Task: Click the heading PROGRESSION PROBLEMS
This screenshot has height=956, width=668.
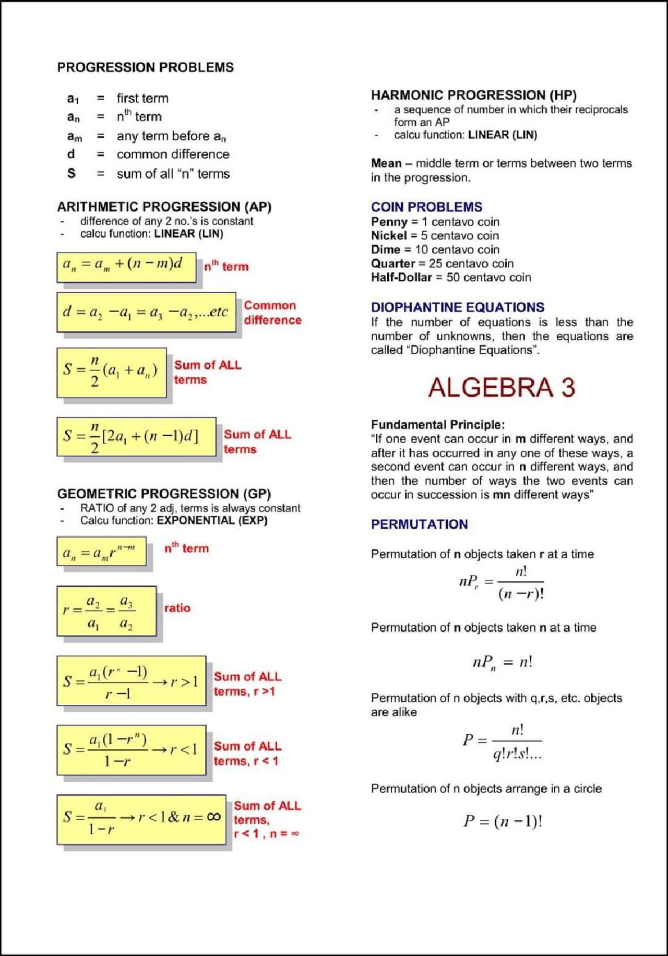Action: tap(145, 67)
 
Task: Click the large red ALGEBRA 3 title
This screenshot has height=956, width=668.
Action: tap(502, 388)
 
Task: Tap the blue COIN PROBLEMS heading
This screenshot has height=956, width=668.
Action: tap(426, 207)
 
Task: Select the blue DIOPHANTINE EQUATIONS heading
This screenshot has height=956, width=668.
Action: tap(457, 307)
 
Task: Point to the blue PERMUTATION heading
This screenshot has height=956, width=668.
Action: tap(419, 524)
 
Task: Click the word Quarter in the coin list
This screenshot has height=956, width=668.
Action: tap(392, 264)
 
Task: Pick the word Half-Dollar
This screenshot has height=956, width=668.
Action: tap(401, 277)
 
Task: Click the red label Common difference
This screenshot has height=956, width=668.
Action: tap(272, 313)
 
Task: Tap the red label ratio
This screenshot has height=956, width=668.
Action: tap(177, 608)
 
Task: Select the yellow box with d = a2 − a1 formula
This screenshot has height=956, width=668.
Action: tap(146, 312)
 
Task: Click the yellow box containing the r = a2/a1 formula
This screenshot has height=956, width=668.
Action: tap(106, 611)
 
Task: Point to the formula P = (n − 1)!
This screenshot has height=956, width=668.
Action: tap(503, 821)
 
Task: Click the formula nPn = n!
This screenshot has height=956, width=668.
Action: tap(502, 662)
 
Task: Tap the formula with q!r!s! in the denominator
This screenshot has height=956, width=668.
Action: tap(503, 742)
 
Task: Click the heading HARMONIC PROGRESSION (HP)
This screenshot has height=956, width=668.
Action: tap(473, 95)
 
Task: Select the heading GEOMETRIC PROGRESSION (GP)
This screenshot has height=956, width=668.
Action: tap(164, 493)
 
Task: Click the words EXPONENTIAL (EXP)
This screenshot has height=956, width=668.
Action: tap(212, 520)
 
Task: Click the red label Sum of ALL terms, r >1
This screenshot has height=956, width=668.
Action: tap(247, 684)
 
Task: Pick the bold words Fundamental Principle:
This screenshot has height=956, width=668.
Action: tap(437, 424)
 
